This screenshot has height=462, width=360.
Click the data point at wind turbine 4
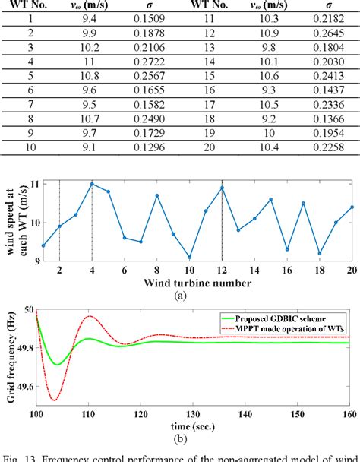point(91,183)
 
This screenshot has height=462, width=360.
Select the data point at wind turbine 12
point(222,187)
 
